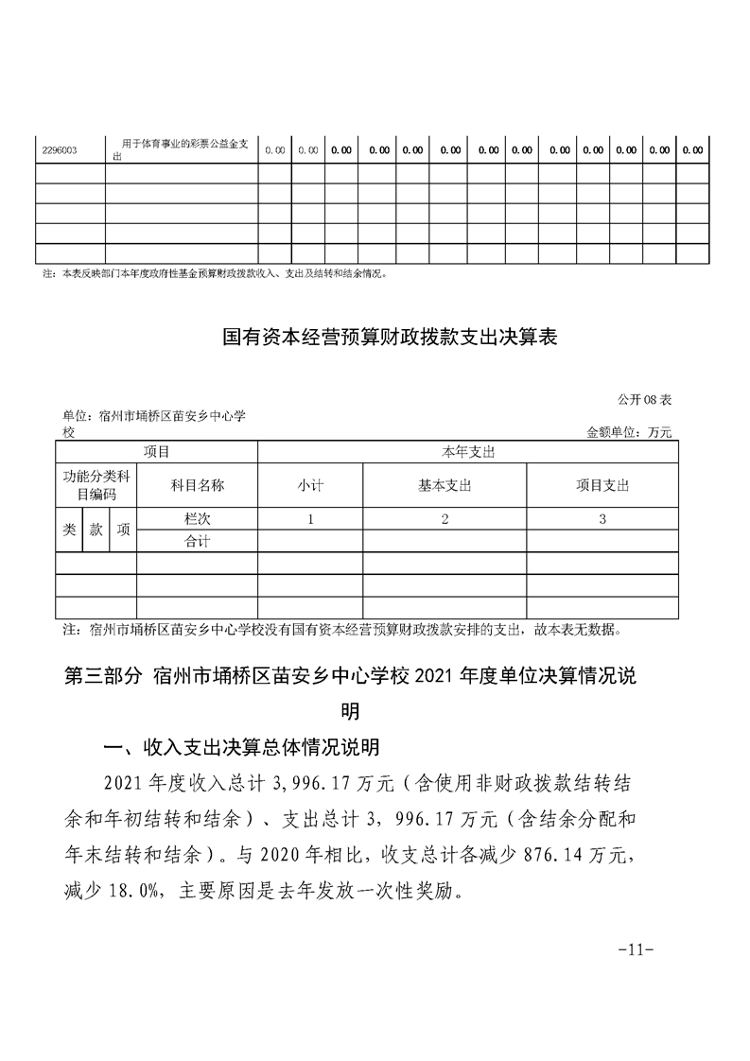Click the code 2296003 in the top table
pyautogui.click(x=61, y=149)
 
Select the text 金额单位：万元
pyautogui.click(x=629, y=432)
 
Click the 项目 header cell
pyautogui.click(x=157, y=452)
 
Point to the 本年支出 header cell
pyautogui.click(x=468, y=452)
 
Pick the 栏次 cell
pyautogui.click(x=197, y=518)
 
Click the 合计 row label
pyautogui.click(x=197, y=541)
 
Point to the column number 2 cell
pyautogui.click(x=445, y=518)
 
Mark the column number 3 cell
pyautogui.click(x=602, y=518)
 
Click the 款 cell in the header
pyautogui.click(x=96, y=530)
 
